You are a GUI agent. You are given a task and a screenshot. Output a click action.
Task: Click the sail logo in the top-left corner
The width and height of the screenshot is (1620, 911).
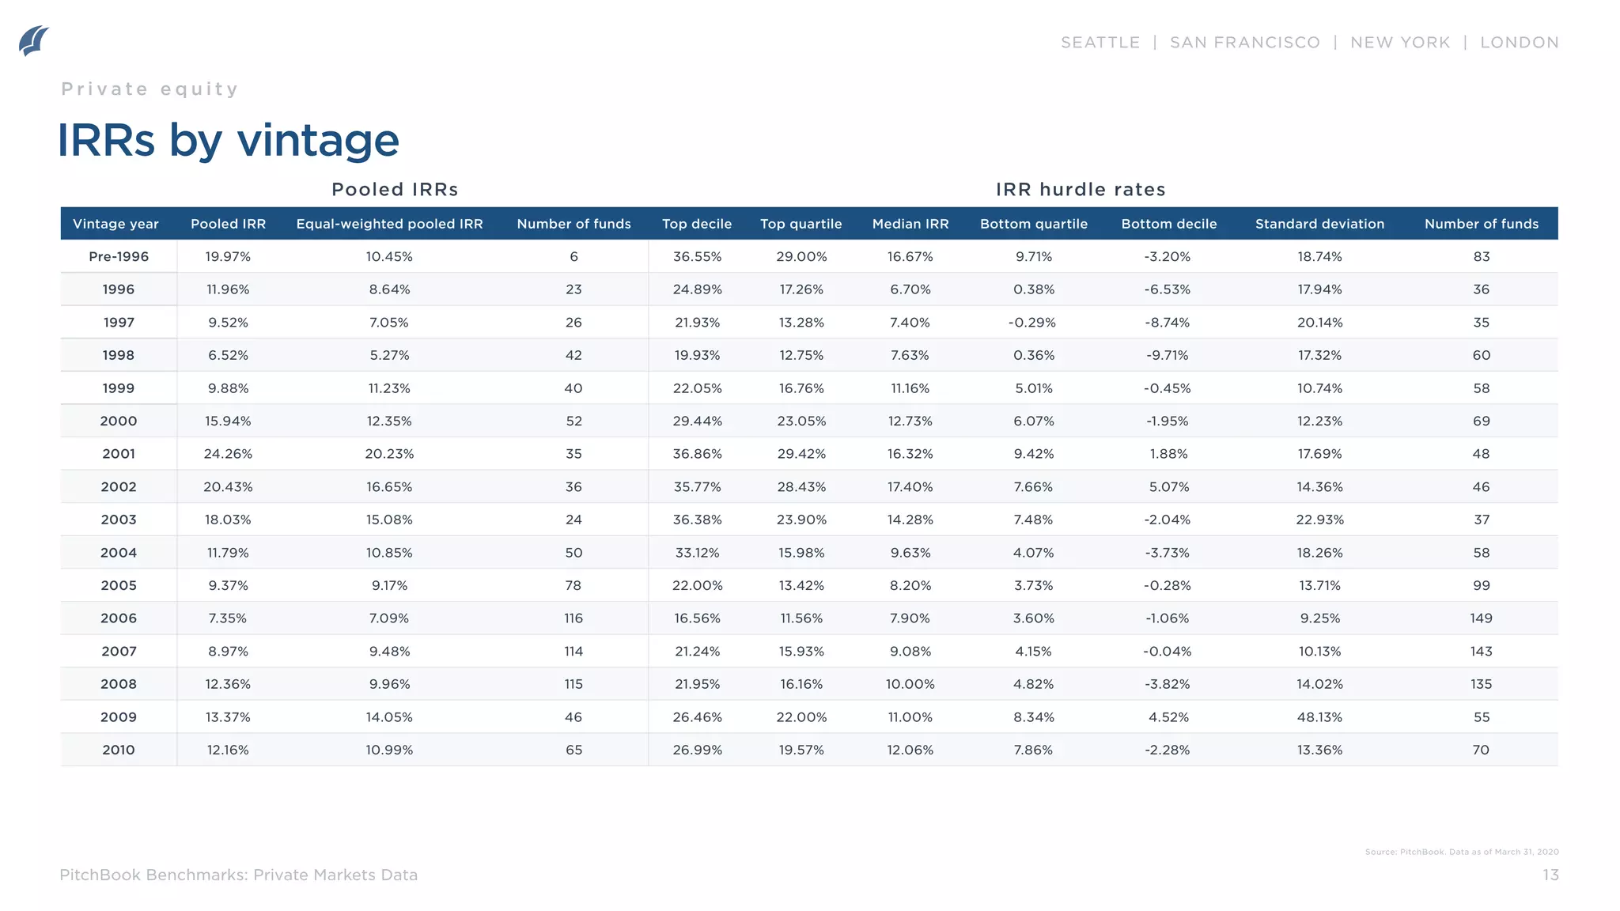coord(33,41)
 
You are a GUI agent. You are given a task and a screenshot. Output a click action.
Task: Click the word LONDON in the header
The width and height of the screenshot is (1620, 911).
coord(1519,43)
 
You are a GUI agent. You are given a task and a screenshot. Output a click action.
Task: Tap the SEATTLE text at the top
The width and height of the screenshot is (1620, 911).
coord(1100,43)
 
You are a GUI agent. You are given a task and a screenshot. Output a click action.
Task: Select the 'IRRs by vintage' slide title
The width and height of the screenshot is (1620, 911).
coord(228,141)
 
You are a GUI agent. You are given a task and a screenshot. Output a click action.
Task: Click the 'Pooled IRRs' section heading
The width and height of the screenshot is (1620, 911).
coord(395,190)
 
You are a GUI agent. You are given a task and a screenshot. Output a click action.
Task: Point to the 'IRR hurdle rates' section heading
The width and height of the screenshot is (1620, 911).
coord(1081,190)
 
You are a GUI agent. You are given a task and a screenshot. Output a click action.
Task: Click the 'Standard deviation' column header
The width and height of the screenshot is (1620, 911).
coord(1319,224)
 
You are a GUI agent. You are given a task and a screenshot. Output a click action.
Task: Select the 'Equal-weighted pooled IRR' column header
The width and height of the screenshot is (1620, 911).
coord(389,224)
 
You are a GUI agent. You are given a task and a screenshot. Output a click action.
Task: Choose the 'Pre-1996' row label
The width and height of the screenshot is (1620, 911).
coord(119,257)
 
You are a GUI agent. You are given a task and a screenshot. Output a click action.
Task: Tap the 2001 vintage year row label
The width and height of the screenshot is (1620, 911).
coord(119,454)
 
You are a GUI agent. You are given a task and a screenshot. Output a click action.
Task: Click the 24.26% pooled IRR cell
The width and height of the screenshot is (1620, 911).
coord(228,454)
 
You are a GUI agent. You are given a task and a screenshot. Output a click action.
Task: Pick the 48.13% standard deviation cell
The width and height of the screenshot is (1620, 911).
coord(1319,717)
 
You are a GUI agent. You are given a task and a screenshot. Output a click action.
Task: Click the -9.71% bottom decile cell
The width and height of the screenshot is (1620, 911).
coord(1168,355)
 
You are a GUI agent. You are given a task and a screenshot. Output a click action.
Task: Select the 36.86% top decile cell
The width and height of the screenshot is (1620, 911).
coord(697,454)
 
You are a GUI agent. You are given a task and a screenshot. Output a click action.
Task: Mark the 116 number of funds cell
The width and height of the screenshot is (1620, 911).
coord(573,618)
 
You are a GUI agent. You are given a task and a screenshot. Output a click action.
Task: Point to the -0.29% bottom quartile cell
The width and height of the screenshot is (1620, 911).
coord(1032,323)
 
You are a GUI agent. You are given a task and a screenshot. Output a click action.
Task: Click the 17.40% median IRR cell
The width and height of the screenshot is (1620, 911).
coord(910,487)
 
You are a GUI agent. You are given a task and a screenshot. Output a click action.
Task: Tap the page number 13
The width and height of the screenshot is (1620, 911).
coord(1550,875)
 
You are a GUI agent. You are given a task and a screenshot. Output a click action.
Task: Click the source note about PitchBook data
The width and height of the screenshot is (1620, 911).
coord(1461,852)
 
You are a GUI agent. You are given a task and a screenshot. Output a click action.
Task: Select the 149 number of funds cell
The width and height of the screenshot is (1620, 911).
coord(1481,618)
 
